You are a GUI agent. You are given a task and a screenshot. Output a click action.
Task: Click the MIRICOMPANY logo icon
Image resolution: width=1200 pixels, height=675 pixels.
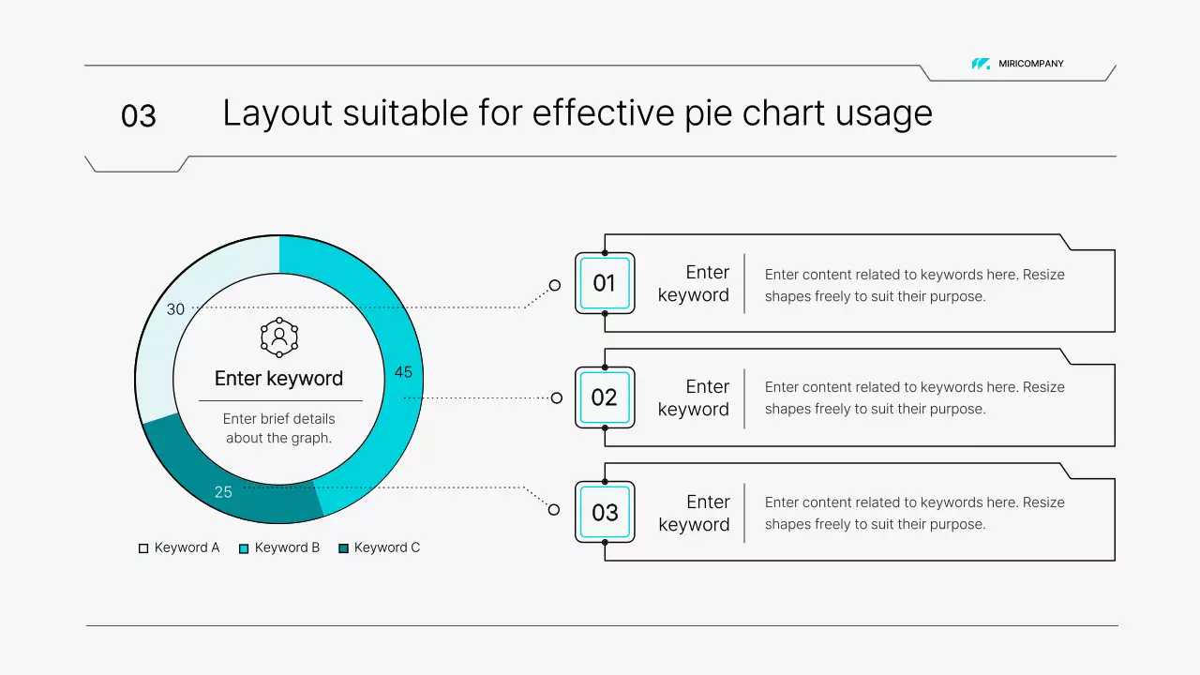pyautogui.click(x=981, y=64)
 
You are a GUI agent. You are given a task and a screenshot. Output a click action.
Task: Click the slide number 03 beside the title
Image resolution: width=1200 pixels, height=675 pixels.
pyautogui.click(x=139, y=116)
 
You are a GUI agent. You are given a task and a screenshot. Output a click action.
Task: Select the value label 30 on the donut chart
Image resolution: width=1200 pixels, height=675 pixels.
pyautogui.click(x=175, y=309)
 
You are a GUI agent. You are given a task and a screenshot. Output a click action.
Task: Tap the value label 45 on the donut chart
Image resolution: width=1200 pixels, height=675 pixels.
pyautogui.click(x=403, y=372)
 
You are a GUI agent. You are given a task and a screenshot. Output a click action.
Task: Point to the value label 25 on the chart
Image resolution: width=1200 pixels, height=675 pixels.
pyautogui.click(x=223, y=492)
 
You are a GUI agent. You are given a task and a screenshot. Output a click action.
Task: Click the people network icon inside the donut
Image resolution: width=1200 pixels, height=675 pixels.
pyautogui.click(x=279, y=337)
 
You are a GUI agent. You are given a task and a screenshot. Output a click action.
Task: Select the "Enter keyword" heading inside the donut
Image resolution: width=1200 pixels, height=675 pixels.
pyautogui.click(x=278, y=379)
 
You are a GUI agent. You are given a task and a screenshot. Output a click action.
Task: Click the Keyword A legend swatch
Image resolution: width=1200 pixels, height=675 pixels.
pyautogui.click(x=143, y=548)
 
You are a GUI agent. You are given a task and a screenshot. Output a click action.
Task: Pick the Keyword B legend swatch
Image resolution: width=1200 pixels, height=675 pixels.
pyautogui.click(x=244, y=548)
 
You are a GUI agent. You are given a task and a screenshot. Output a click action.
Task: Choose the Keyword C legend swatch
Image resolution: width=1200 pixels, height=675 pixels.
pyautogui.click(x=343, y=548)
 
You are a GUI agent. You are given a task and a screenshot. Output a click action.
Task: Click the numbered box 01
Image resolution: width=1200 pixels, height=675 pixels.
pyautogui.click(x=605, y=283)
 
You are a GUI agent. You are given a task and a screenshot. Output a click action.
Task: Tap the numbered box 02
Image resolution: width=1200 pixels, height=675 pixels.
pyautogui.click(x=605, y=397)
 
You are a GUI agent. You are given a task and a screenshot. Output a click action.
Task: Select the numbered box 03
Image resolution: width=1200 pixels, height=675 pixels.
pyautogui.click(x=605, y=512)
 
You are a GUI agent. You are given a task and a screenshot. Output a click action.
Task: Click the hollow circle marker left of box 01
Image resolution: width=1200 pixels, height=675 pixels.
pyautogui.click(x=555, y=285)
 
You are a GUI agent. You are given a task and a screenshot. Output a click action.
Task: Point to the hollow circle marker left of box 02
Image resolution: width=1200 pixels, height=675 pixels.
pyautogui.click(x=557, y=398)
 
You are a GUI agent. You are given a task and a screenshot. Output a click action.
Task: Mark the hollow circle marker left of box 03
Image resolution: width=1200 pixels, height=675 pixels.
pyautogui.click(x=554, y=510)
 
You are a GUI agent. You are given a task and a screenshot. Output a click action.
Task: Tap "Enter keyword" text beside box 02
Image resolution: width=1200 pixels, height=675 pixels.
pyautogui.click(x=694, y=397)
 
